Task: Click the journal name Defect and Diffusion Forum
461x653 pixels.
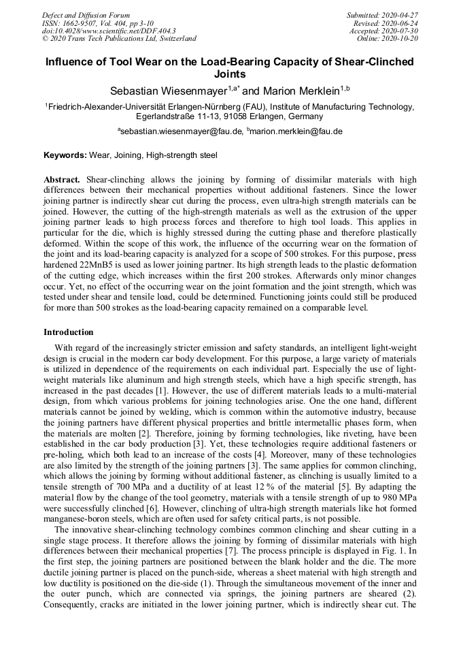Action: click(86, 15)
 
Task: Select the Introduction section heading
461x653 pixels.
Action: click(68, 332)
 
